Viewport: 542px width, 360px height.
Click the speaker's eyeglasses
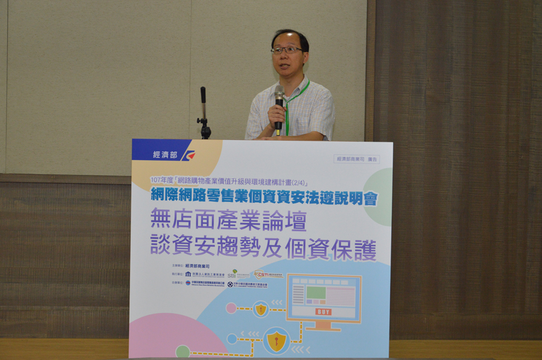click(x=286, y=50)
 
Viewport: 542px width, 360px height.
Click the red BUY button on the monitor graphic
click(x=323, y=312)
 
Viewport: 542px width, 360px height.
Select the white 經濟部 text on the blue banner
click(x=165, y=155)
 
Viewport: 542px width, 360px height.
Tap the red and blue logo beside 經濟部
click(x=188, y=155)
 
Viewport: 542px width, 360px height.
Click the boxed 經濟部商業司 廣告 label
click(x=356, y=159)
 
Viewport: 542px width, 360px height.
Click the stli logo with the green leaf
click(x=232, y=275)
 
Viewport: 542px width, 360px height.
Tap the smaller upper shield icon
click(x=261, y=310)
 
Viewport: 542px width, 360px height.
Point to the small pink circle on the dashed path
click(x=231, y=308)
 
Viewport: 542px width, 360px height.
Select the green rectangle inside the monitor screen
click(x=315, y=293)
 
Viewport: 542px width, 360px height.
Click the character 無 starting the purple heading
click(x=161, y=221)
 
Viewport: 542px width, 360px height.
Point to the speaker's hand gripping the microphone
click(x=276, y=115)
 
